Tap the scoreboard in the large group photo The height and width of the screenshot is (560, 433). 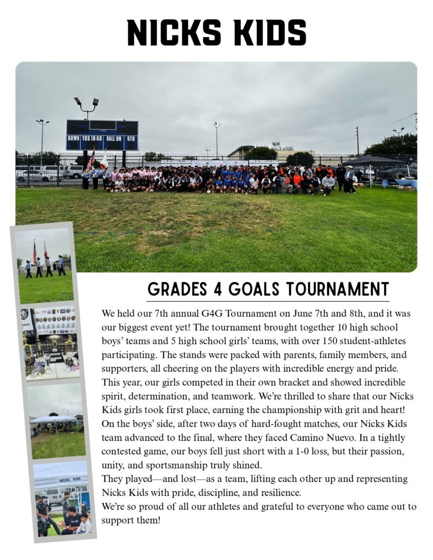click(102, 135)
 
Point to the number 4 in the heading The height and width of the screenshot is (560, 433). click(217, 289)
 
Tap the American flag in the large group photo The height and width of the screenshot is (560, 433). click(91, 161)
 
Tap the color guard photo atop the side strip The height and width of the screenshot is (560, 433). click(44, 265)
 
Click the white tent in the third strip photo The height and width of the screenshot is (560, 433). click(53, 419)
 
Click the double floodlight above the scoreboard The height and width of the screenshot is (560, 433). click(86, 102)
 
